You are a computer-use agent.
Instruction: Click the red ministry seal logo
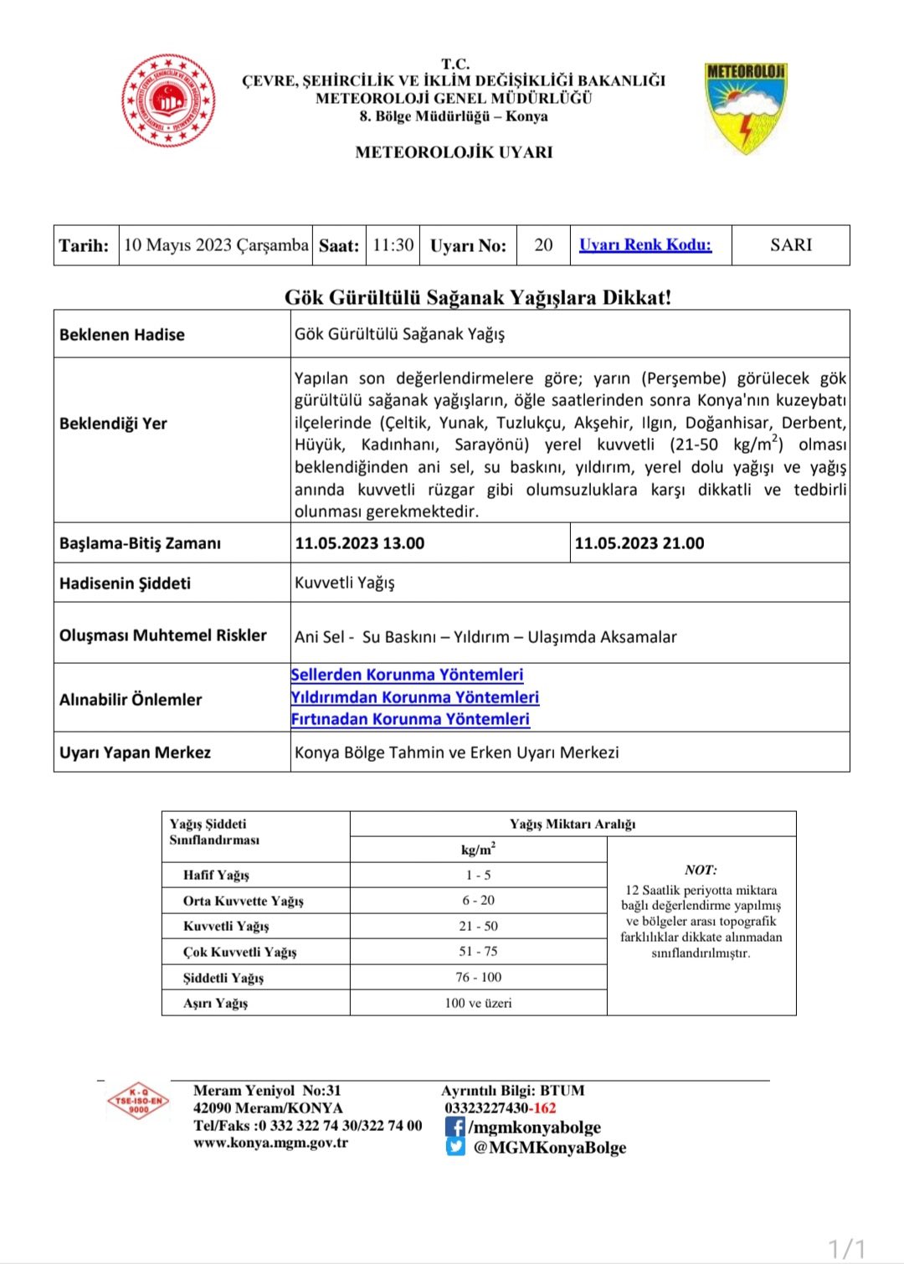pyautogui.click(x=168, y=100)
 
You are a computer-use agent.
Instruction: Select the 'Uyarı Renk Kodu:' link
pyautogui.click(x=645, y=245)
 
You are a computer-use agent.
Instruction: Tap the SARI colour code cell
pyautogui.click(x=791, y=245)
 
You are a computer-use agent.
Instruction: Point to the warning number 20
pyautogui.click(x=543, y=245)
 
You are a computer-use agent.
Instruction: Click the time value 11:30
pyautogui.click(x=393, y=245)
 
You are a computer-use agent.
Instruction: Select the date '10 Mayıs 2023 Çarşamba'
pyautogui.click(x=216, y=245)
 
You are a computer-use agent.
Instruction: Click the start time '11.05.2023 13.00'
pyautogui.click(x=360, y=543)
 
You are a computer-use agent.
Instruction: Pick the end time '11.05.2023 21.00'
pyautogui.click(x=639, y=543)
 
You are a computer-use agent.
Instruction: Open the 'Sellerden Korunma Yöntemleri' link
pyautogui.click(x=407, y=675)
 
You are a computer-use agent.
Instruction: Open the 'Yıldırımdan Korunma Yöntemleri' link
pyautogui.click(x=414, y=697)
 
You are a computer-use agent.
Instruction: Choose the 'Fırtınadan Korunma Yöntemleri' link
pyautogui.click(x=410, y=719)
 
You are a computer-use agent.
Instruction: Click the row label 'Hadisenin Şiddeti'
pyautogui.click(x=125, y=583)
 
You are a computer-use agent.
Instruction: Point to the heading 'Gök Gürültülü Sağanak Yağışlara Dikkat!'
pyautogui.click(x=478, y=297)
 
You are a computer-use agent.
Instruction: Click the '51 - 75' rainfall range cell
pyautogui.click(x=478, y=952)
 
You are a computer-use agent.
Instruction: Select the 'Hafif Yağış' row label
pyautogui.click(x=216, y=876)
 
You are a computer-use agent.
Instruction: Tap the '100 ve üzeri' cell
pyautogui.click(x=478, y=1003)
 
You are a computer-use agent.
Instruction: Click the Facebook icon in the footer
pyautogui.click(x=455, y=1128)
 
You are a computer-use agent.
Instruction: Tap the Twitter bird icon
pyautogui.click(x=455, y=1147)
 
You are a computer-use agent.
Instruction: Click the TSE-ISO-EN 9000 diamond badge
pyautogui.click(x=139, y=1101)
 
